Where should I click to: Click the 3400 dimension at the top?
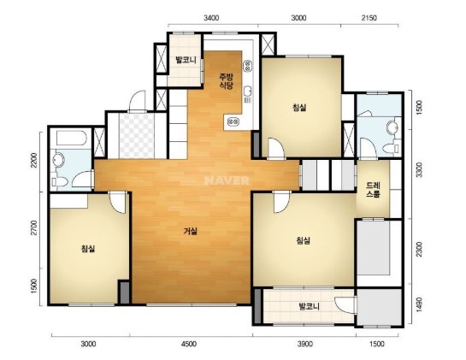pyautogui.click(x=211, y=18)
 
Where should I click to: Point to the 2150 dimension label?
pyautogui.click(x=369, y=18)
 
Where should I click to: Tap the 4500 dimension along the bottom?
pyautogui.click(x=189, y=344)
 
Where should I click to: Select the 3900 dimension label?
pyautogui.click(x=305, y=344)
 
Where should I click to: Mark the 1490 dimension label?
pyautogui.click(x=419, y=304)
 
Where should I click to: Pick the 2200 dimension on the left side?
pyautogui.click(x=34, y=160)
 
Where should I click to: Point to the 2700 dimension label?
pyautogui.click(x=34, y=227)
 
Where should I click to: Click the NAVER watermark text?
pyautogui.click(x=227, y=180)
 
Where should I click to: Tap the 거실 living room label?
pyautogui.click(x=190, y=231)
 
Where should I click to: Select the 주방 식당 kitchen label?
pyautogui.click(x=227, y=81)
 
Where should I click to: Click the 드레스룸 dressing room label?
pyautogui.click(x=373, y=190)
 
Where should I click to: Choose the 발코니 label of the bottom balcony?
pyautogui.click(x=310, y=306)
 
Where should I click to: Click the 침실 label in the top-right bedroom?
pyautogui.click(x=299, y=107)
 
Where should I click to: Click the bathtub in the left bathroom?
pyautogui.click(x=71, y=138)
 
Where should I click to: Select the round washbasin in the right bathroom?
pyautogui.click(x=392, y=128)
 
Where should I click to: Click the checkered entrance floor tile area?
pyautogui.click(x=137, y=136)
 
